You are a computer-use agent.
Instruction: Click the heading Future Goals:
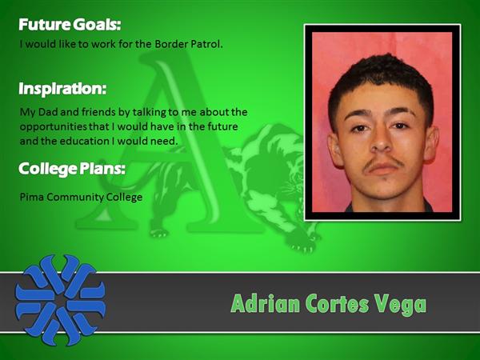click(70, 25)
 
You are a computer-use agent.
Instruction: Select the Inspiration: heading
click(62, 89)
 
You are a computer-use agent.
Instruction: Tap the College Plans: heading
click(72, 169)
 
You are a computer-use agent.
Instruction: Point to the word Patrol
click(206, 44)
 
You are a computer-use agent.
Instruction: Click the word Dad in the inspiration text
click(48, 112)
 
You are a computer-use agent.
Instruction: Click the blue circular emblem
click(60, 300)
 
